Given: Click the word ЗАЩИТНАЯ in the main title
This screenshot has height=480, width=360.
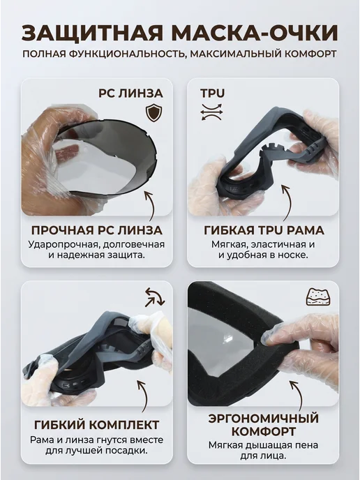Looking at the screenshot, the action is tap(92, 33).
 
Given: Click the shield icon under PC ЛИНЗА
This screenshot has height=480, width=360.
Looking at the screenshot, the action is tap(153, 113).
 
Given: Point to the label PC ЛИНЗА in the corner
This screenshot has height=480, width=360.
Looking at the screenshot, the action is tap(130, 93).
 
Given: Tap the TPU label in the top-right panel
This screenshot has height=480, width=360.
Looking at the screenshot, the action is tap(213, 93).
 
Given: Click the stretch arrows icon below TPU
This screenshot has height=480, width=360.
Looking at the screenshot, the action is tap(211, 112).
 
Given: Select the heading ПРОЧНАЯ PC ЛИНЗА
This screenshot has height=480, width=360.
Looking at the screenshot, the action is tap(97, 230).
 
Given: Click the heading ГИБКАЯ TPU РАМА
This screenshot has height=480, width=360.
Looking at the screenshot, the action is tap(264, 230).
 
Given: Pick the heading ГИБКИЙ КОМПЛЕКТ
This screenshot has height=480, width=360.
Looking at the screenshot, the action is tap(97, 425).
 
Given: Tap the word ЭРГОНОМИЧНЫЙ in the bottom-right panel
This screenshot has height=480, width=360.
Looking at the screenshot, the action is tap(264, 418).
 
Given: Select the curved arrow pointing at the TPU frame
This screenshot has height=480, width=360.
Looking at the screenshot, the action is tap(287, 202).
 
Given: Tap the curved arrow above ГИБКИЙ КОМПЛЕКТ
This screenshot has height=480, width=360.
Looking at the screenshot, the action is tap(144, 397).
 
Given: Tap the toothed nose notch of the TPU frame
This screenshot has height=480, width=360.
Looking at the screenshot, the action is tap(273, 149).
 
